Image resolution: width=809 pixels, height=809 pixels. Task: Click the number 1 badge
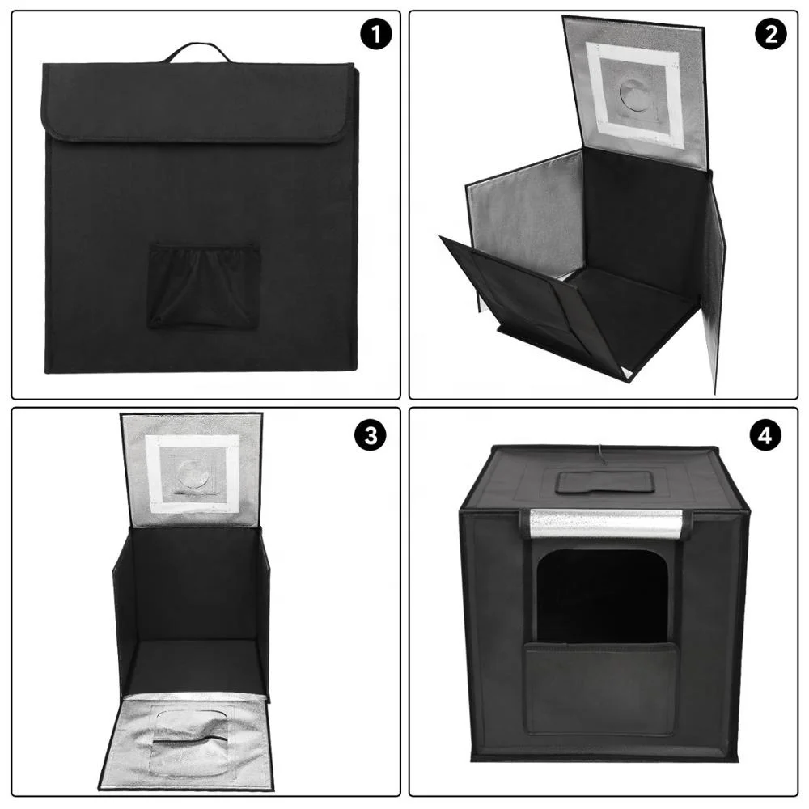(375, 35)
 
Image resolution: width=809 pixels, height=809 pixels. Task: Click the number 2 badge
(770, 35)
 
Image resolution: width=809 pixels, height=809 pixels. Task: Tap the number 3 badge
(371, 435)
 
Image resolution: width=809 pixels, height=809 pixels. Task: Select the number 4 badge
(765, 435)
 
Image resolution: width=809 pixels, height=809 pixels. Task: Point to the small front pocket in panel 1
(203, 286)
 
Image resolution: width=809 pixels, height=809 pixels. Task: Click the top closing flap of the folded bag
(197, 101)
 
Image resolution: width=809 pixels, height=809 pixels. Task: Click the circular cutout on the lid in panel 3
(193, 473)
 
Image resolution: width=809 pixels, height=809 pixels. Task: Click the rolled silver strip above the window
(605, 524)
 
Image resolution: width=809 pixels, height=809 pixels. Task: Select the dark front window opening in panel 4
(603, 595)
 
